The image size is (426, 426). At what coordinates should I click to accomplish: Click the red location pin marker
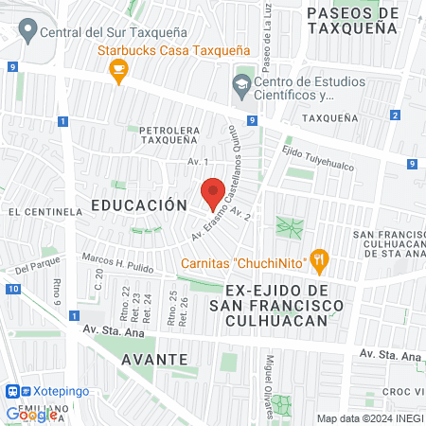[x=213, y=193]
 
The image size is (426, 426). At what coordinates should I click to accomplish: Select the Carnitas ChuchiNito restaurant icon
[x=321, y=258]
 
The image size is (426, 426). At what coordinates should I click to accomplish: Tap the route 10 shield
[x=11, y=289]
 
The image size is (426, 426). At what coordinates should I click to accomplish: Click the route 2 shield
[x=393, y=115]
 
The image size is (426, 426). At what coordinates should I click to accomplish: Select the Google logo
[x=31, y=414]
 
